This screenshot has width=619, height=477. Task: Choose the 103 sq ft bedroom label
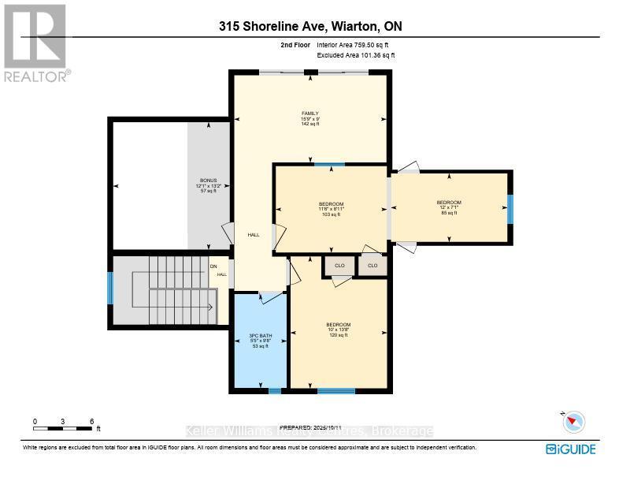click(x=332, y=209)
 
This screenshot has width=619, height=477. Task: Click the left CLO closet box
click(x=339, y=266)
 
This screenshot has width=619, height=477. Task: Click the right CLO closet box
click(x=373, y=266)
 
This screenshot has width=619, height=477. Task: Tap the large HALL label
click(x=254, y=235)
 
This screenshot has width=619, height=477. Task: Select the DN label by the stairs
click(x=213, y=266)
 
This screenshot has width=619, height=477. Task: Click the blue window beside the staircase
click(x=110, y=288)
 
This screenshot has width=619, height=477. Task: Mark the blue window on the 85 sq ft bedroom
click(x=510, y=208)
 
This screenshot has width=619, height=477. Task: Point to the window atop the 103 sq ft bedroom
click(x=329, y=164)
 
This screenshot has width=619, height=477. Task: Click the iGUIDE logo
click(x=571, y=449)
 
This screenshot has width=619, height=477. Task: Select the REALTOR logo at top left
click(x=35, y=43)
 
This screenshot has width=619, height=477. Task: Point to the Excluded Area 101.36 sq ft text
click(x=356, y=56)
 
